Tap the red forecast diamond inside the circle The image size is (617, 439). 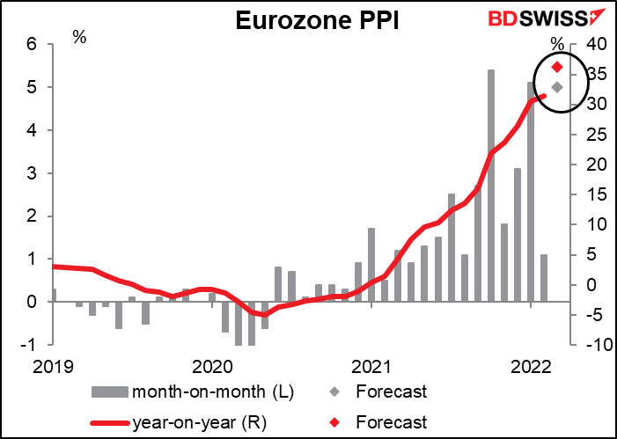556,67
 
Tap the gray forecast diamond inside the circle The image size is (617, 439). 556,87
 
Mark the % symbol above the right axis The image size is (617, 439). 557,43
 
